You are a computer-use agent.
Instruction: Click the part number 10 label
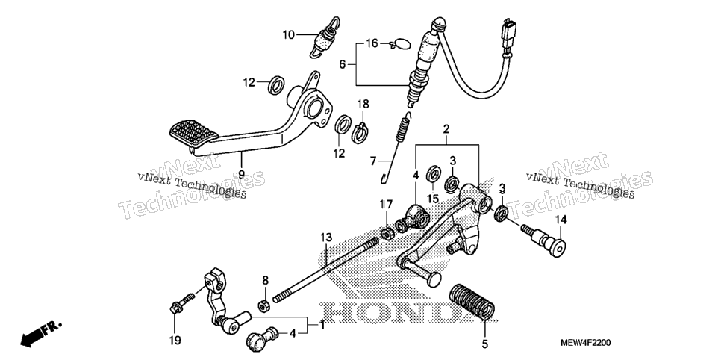[x=288, y=34]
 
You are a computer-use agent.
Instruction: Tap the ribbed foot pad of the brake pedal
[x=193, y=132]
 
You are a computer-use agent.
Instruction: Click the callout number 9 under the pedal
[x=240, y=175]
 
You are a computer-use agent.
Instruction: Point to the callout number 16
[x=372, y=44]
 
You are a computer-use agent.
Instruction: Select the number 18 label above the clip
[x=363, y=104]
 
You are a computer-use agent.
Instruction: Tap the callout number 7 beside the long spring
[x=373, y=161]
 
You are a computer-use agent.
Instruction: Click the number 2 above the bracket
[x=446, y=129]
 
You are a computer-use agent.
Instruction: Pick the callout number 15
[x=433, y=199]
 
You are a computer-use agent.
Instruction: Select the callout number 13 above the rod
[x=326, y=238]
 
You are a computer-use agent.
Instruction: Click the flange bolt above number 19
[x=183, y=302]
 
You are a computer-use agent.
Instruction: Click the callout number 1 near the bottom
[x=322, y=325]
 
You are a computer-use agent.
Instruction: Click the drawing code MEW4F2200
[x=585, y=343]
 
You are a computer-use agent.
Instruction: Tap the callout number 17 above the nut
[x=387, y=205]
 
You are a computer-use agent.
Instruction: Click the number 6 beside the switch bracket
[x=342, y=65]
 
